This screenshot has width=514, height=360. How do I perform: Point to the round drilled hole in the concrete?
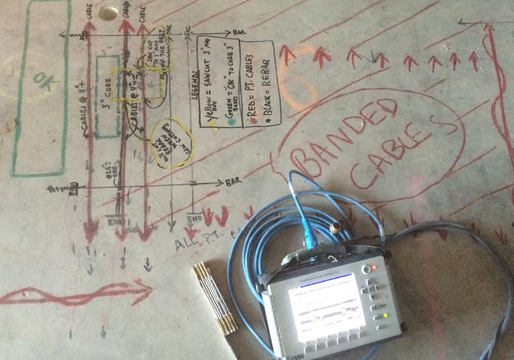tap(107, 13)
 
